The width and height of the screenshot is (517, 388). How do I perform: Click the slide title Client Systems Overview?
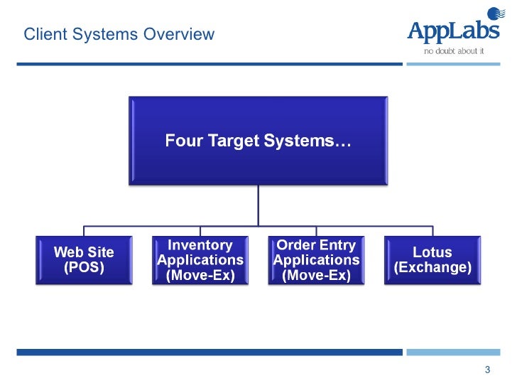[119, 34]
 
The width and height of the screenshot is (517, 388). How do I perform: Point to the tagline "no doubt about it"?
[453, 51]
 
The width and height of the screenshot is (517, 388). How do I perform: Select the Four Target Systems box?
[258, 141]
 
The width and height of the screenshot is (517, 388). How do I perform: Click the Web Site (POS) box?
[84, 260]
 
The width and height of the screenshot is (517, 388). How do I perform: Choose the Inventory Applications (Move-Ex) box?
[200, 260]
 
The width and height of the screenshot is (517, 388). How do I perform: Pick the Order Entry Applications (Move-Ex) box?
[316, 260]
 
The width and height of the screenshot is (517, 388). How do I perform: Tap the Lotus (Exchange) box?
[432, 260]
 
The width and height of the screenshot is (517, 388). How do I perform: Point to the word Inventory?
[200, 245]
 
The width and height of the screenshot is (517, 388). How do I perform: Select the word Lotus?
[432, 252]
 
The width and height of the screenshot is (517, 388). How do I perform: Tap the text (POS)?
[84, 268]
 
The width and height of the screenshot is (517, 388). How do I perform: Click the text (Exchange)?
[432, 268]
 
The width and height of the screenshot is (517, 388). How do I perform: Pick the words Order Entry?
[316, 245]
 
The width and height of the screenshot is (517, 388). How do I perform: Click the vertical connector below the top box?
[258, 206]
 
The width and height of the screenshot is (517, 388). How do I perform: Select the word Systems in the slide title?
[112, 34]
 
